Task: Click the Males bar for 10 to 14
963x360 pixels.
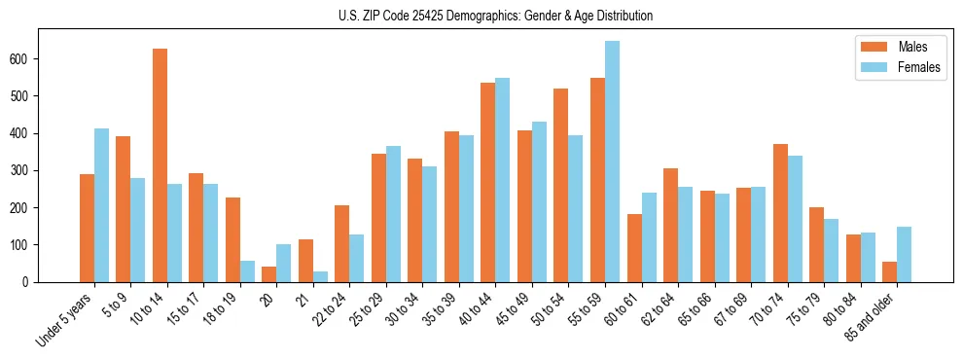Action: tap(160, 165)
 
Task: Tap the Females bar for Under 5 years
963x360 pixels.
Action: tap(101, 205)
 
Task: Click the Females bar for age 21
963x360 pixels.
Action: tap(320, 276)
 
